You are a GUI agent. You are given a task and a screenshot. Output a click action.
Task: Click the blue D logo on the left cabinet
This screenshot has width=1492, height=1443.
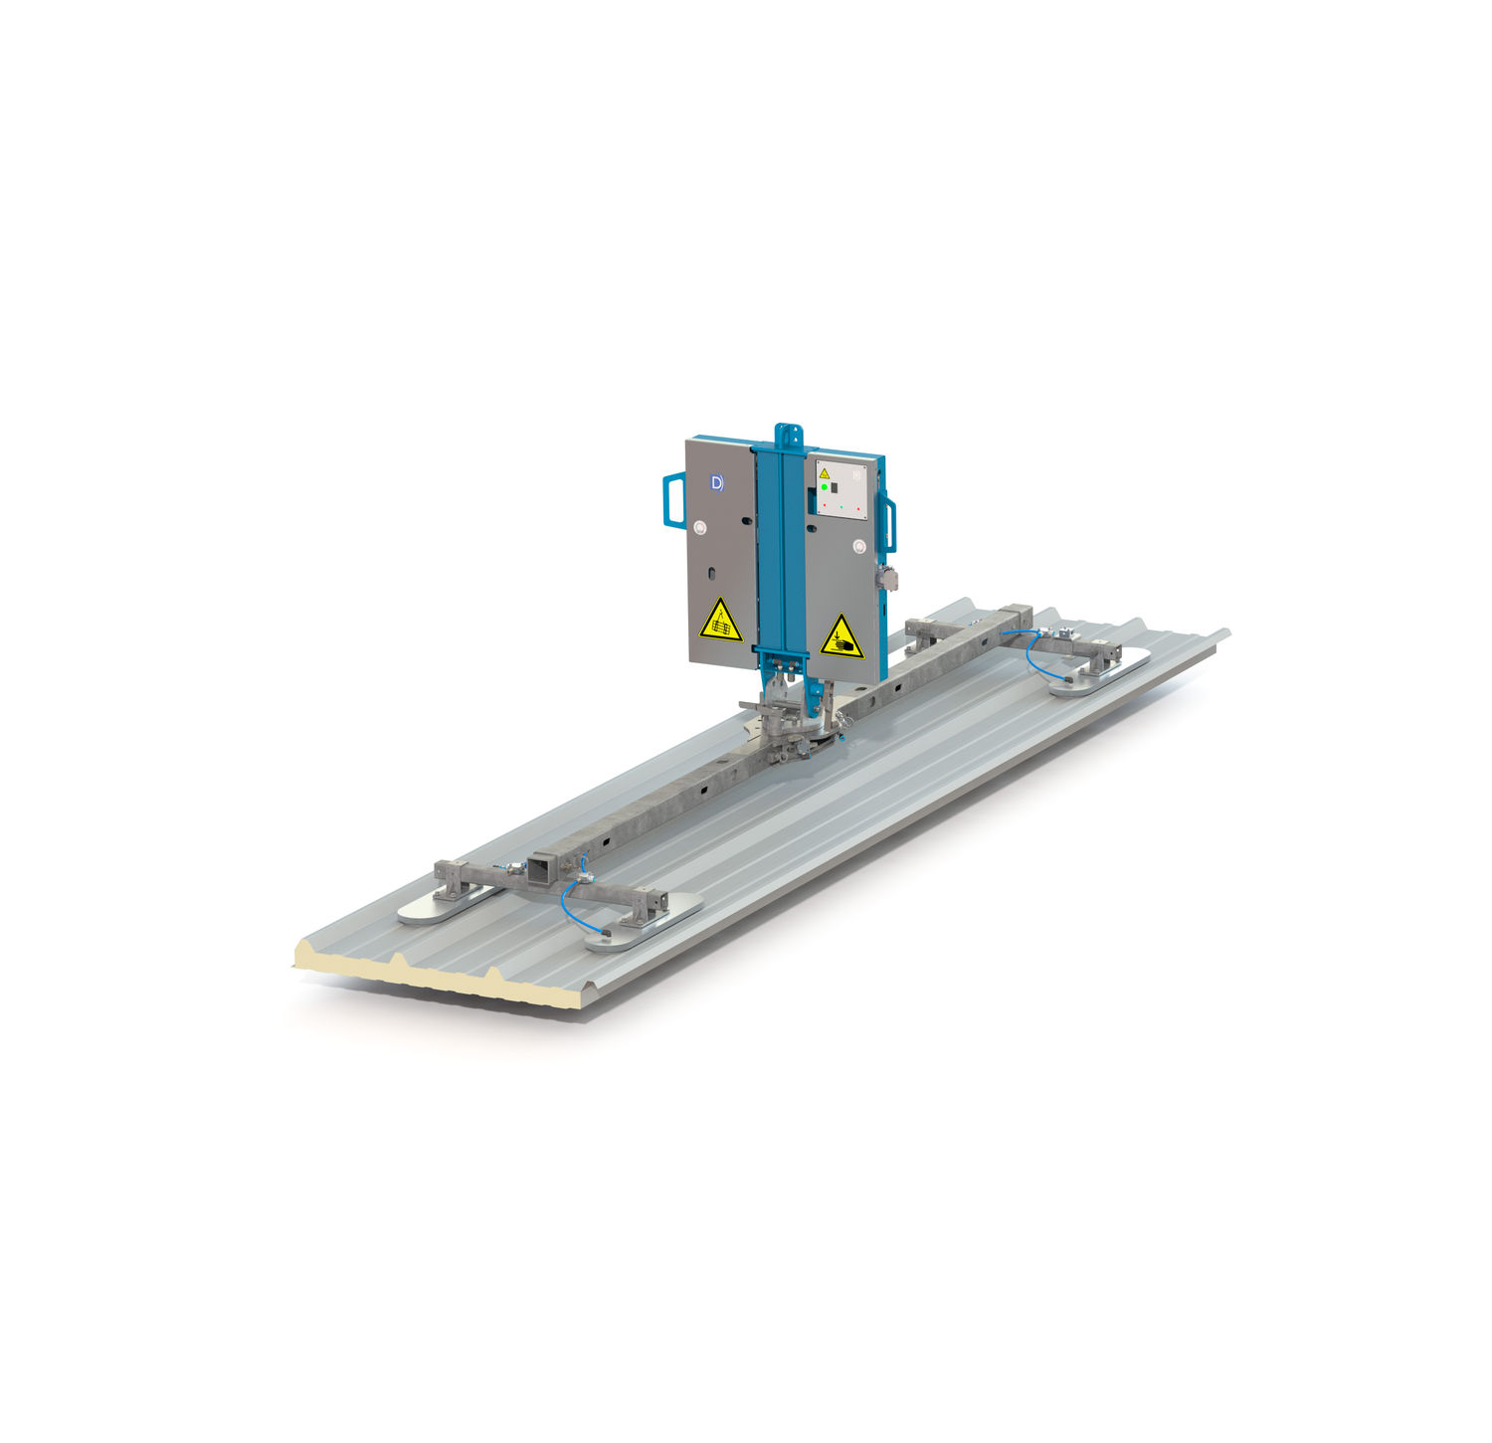(x=717, y=482)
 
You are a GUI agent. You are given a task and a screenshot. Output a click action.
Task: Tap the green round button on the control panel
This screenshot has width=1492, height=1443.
(x=825, y=488)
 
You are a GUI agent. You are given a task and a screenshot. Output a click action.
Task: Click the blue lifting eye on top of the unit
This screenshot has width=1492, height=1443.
(x=789, y=437)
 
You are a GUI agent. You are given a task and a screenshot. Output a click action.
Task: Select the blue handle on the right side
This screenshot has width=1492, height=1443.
(x=889, y=524)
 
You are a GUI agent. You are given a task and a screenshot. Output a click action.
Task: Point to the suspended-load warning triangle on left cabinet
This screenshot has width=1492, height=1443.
(x=720, y=621)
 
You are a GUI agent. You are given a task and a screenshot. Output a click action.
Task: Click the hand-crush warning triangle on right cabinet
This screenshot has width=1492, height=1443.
(x=841, y=636)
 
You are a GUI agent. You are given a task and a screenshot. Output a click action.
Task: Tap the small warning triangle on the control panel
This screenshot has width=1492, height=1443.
(x=825, y=473)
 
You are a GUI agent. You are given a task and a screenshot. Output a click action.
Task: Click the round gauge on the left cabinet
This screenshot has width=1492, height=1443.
(x=700, y=527)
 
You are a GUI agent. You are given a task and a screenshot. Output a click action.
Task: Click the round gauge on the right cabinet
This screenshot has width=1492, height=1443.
(x=860, y=547)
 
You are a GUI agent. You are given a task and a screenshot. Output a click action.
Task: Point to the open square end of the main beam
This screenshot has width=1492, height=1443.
(x=543, y=872)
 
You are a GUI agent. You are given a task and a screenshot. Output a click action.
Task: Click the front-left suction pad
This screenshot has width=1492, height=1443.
(x=436, y=907)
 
